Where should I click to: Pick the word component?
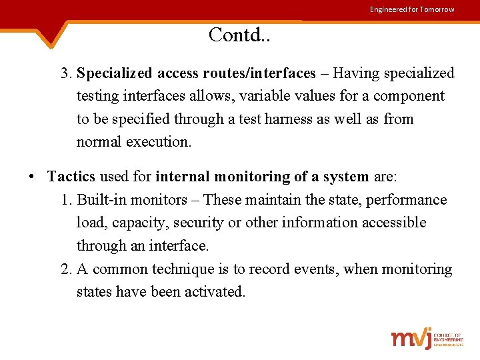(408, 96)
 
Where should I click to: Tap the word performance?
(409, 200)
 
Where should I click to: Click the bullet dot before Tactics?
(32, 177)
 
